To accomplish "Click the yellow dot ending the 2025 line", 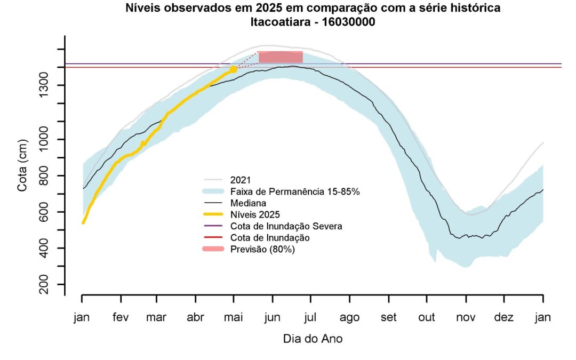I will tap(233, 69).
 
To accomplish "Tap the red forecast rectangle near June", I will tap(281, 57).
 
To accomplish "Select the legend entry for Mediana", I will tap(249, 203).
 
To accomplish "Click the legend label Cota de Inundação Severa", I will tap(286, 226).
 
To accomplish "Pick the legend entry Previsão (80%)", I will tap(262, 249).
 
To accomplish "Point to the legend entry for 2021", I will tap(241, 180).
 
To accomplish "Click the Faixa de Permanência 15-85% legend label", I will tap(295, 191).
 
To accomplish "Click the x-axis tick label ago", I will tap(349, 317).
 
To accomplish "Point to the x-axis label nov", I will tap(465, 317).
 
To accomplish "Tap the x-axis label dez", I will tap(504, 317).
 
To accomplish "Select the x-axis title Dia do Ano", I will tap(313, 339).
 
